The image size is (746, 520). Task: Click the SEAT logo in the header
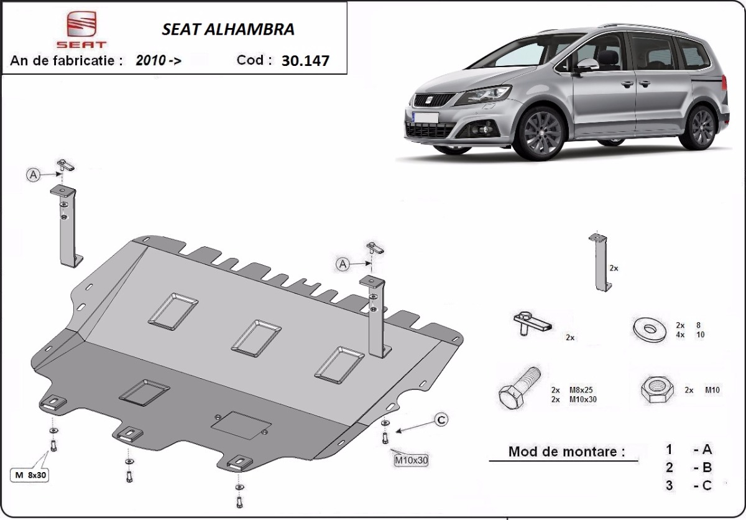(86, 30)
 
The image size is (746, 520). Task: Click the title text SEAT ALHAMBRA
(228, 29)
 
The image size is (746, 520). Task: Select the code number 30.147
(305, 61)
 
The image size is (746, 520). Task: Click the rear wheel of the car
(702, 128)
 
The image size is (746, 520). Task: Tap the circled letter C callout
(440, 420)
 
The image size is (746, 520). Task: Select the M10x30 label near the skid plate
(412, 461)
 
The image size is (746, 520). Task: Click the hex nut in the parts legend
(656, 391)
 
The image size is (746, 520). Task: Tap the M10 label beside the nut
(712, 391)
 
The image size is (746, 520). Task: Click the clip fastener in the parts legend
(532, 323)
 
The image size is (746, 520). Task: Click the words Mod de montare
(566, 452)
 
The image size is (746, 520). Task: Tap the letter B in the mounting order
(706, 468)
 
